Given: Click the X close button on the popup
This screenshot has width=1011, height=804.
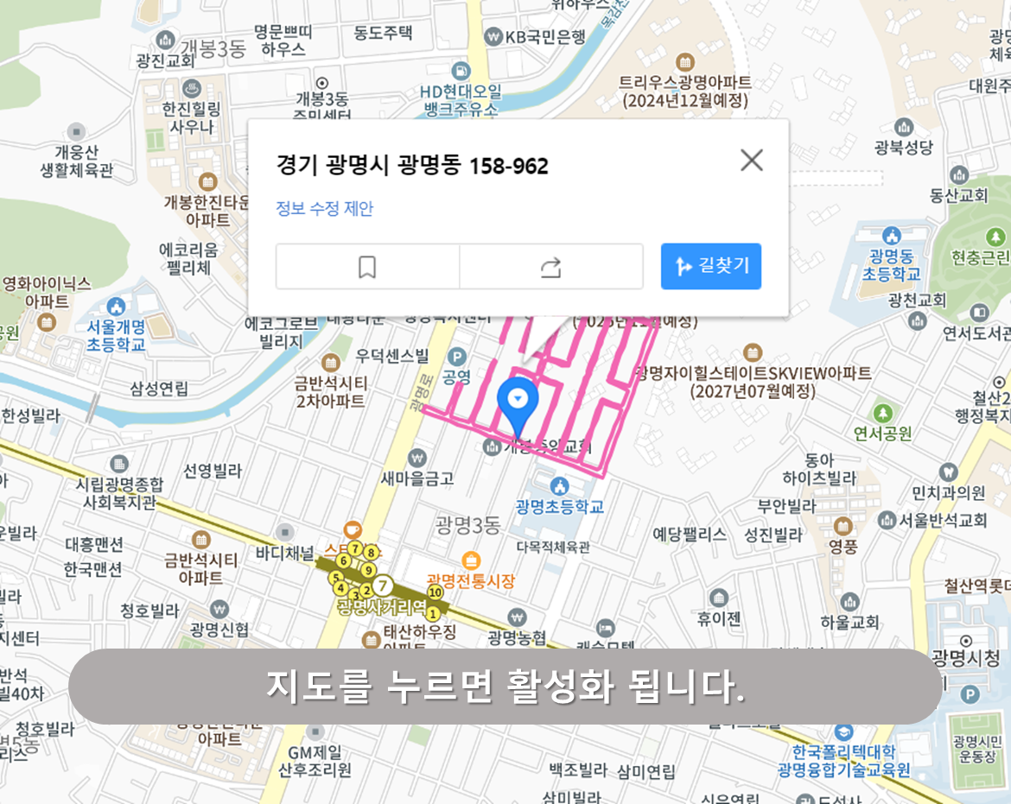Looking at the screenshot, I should [x=752, y=160].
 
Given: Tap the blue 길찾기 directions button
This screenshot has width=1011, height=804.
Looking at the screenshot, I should [x=710, y=266].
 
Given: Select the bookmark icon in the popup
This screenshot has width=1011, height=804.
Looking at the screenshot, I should [x=367, y=267].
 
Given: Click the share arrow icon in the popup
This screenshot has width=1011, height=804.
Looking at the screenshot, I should [x=551, y=267].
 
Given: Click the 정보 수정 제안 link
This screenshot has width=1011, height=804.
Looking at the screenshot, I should [x=324, y=208].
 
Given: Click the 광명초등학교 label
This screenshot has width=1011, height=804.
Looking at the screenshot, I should [x=559, y=506].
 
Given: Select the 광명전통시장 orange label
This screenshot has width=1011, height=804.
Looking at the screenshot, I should [x=471, y=580].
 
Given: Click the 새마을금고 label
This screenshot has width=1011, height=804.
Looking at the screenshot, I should [x=418, y=477].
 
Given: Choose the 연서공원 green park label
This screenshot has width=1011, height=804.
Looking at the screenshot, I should [x=882, y=432].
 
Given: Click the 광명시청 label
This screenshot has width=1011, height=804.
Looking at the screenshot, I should [x=966, y=658].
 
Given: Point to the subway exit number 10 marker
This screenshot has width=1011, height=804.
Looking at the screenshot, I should [x=435, y=592].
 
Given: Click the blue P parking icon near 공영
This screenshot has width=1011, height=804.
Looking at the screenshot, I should [x=455, y=356].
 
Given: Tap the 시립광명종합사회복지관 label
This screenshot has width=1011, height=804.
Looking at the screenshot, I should [x=119, y=492].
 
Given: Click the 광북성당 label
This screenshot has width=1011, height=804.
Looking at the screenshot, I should [x=904, y=147].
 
